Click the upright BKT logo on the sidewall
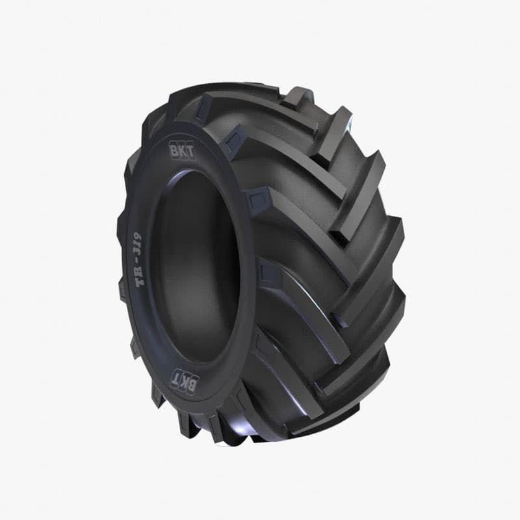click(x=183, y=152)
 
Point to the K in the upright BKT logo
click(x=184, y=152)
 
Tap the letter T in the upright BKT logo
click(x=191, y=153)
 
